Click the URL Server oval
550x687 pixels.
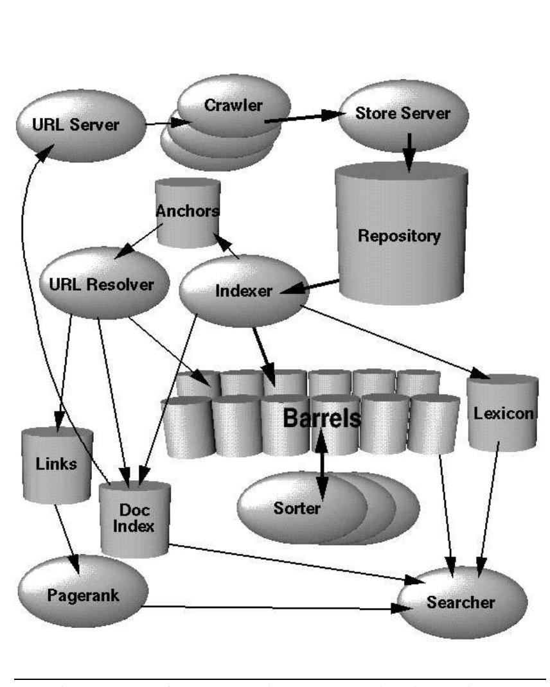(67, 125)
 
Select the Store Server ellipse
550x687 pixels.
(404, 114)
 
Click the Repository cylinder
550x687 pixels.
(399, 235)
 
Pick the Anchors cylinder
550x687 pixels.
(188, 212)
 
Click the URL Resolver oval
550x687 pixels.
(96, 284)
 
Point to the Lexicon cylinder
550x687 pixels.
(503, 412)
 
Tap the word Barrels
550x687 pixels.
(322, 418)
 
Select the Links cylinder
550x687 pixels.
(57, 464)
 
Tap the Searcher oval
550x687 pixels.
(461, 602)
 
